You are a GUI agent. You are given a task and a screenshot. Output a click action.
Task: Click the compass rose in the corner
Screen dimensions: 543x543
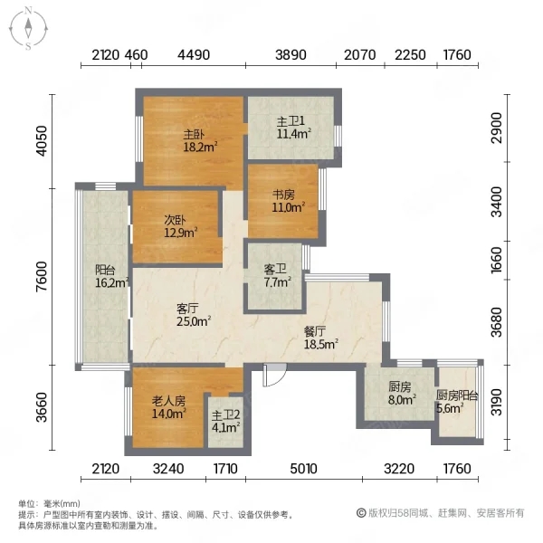(28, 29)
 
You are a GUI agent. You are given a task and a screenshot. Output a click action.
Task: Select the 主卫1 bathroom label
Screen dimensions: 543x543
(291, 121)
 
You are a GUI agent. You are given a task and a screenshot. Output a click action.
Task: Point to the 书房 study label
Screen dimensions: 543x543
(283, 195)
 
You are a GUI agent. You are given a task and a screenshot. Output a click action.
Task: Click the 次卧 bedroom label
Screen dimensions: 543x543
(175, 220)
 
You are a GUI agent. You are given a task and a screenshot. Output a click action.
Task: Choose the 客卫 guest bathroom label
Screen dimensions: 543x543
(275, 269)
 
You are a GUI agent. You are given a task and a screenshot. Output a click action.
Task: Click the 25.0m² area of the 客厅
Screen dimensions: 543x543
(194, 321)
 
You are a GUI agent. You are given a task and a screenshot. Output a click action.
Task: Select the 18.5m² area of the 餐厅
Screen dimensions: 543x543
(321, 344)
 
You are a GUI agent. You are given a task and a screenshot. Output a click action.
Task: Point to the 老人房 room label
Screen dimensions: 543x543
(168, 401)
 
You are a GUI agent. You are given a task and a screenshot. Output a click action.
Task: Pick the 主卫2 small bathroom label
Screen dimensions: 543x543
(225, 415)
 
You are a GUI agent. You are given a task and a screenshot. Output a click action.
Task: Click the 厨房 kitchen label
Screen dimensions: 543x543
(399, 386)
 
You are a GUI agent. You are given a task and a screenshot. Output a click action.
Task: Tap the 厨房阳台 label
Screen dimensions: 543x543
(457, 395)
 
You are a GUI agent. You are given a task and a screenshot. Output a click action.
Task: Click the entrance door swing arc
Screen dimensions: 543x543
(279, 378)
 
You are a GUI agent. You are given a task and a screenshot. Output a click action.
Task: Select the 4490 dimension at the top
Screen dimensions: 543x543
(194, 55)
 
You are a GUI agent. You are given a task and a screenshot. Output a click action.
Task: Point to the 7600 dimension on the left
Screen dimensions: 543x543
(42, 276)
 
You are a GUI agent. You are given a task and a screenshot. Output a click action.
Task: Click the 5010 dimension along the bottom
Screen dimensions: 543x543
(303, 469)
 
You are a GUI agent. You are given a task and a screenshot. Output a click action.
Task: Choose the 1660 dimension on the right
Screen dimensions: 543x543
(496, 260)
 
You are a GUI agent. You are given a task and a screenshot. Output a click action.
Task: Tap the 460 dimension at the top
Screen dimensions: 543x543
(136, 55)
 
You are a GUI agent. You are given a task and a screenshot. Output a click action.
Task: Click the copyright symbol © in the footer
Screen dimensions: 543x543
(361, 513)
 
